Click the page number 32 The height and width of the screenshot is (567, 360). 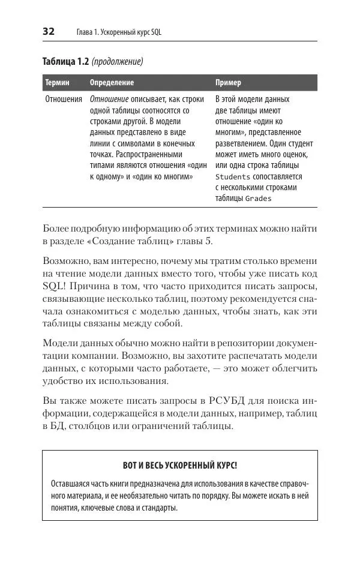click(x=49, y=32)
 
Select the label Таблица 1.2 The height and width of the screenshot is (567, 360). click(x=65, y=61)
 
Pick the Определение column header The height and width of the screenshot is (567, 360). click(x=112, y=83)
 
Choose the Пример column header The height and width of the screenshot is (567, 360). click(x=228, y=83)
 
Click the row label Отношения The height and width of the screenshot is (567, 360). click(x=64, y=100)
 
